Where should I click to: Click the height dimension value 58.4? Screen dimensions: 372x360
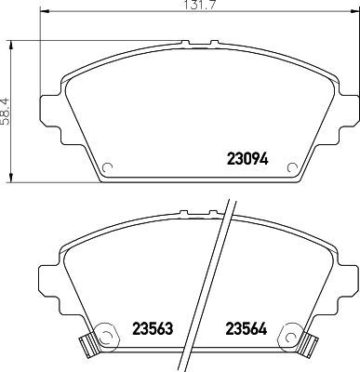(8, 110)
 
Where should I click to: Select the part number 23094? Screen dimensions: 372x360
(247, 158)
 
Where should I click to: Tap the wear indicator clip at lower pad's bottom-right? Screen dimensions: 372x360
(308, 346)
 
